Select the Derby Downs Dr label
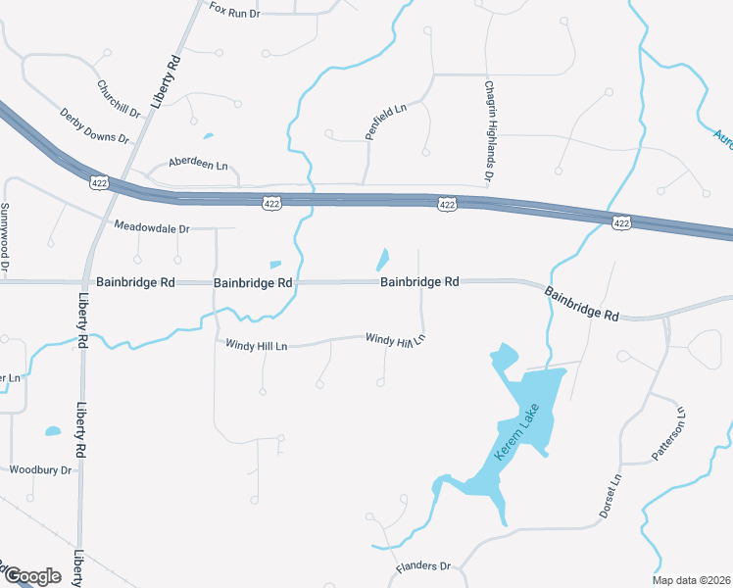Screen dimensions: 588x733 click(x=94, y=126)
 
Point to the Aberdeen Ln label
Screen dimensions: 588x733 click(x=198, y=164)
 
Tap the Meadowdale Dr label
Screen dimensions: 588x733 click(x=151, y=227)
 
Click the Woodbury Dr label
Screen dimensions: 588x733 click(x=41, y=470)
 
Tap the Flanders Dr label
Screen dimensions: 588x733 click(x=422, y=567)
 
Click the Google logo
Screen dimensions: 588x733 click(x=31, y=576)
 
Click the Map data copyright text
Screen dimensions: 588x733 click(x=695, y=578)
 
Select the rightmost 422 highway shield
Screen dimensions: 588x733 click(x=622, y=223)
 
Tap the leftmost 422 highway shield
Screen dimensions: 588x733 click(x=100, y=182)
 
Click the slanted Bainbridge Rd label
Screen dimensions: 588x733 click(x=582, y=304)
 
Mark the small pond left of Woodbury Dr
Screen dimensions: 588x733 click(x=52, y=430)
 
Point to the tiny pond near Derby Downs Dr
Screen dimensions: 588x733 click(x=208, y=136)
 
